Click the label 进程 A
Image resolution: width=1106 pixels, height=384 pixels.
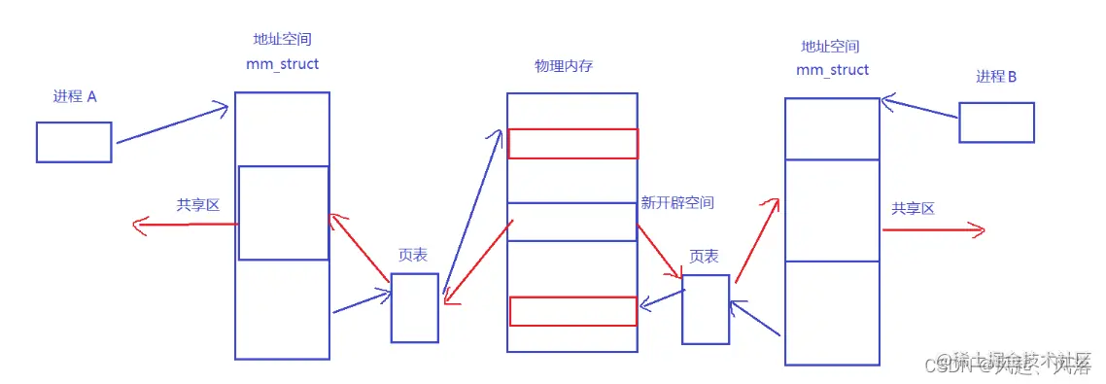click(x=75, y=97)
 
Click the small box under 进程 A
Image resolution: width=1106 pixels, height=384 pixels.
click(x=74, y=142)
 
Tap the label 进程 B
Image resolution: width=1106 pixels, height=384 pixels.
click(x=996, y=77)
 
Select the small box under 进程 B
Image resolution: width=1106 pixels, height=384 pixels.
click(x=996, y=122)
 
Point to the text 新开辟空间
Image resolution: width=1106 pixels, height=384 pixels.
click(x=677, y=203)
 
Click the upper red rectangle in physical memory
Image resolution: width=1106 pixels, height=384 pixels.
click(x=572, y=143)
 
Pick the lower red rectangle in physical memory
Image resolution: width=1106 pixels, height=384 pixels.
click(x=572, y=311)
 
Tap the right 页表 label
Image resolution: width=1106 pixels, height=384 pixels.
click(x=704, y=256)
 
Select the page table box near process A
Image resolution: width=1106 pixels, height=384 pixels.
click(x=415, y=307)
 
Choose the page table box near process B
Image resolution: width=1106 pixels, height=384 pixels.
click(x=706, y=309)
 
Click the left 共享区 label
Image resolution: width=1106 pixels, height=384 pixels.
click(x=198, y=205)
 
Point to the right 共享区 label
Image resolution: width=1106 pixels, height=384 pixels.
click(x=913, y=209)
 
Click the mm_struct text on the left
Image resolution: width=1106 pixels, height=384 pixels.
click(x=283, y=64)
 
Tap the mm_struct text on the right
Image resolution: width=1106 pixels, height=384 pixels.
click(x=832, y=70)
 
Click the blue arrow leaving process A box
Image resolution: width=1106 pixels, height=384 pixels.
click(x=171, y=125)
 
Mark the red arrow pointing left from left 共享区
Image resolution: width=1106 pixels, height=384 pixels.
click(x=185, y=226)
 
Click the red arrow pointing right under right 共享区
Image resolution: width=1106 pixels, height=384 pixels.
click(x=933, y=230)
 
